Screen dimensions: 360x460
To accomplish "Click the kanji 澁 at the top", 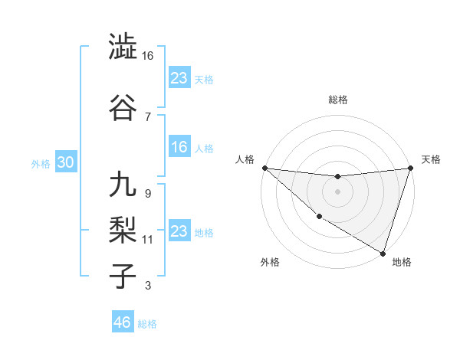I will coord(123,47).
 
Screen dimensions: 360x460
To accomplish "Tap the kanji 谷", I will coord(123,109).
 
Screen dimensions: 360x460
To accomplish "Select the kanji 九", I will coord(123,186).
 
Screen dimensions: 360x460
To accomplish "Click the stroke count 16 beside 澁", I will coord(148,56).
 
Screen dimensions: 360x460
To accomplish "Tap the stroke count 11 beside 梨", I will coord(148,240).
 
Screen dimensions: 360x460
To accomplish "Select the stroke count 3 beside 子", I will coord(148,286).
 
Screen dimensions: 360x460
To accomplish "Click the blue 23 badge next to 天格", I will coord(179,77).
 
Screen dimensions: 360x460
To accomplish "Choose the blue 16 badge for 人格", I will coord(179,147).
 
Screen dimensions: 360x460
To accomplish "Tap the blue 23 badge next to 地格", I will coord(179,231).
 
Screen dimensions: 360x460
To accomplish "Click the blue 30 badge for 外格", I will coord(65,162).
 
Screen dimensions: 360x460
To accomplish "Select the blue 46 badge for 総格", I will coord(122,322).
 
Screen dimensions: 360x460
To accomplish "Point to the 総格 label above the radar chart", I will coord(338,100).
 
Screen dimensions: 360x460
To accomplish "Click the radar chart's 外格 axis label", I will coord(270,263).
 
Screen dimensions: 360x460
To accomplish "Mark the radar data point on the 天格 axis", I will coord(410,169).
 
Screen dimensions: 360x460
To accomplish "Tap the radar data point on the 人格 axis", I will coord(264,168).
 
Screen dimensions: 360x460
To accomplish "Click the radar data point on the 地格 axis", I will coord(383,252).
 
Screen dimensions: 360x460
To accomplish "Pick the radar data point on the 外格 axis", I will coord(319,216).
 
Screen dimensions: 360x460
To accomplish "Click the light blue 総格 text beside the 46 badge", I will coord(147,324).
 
